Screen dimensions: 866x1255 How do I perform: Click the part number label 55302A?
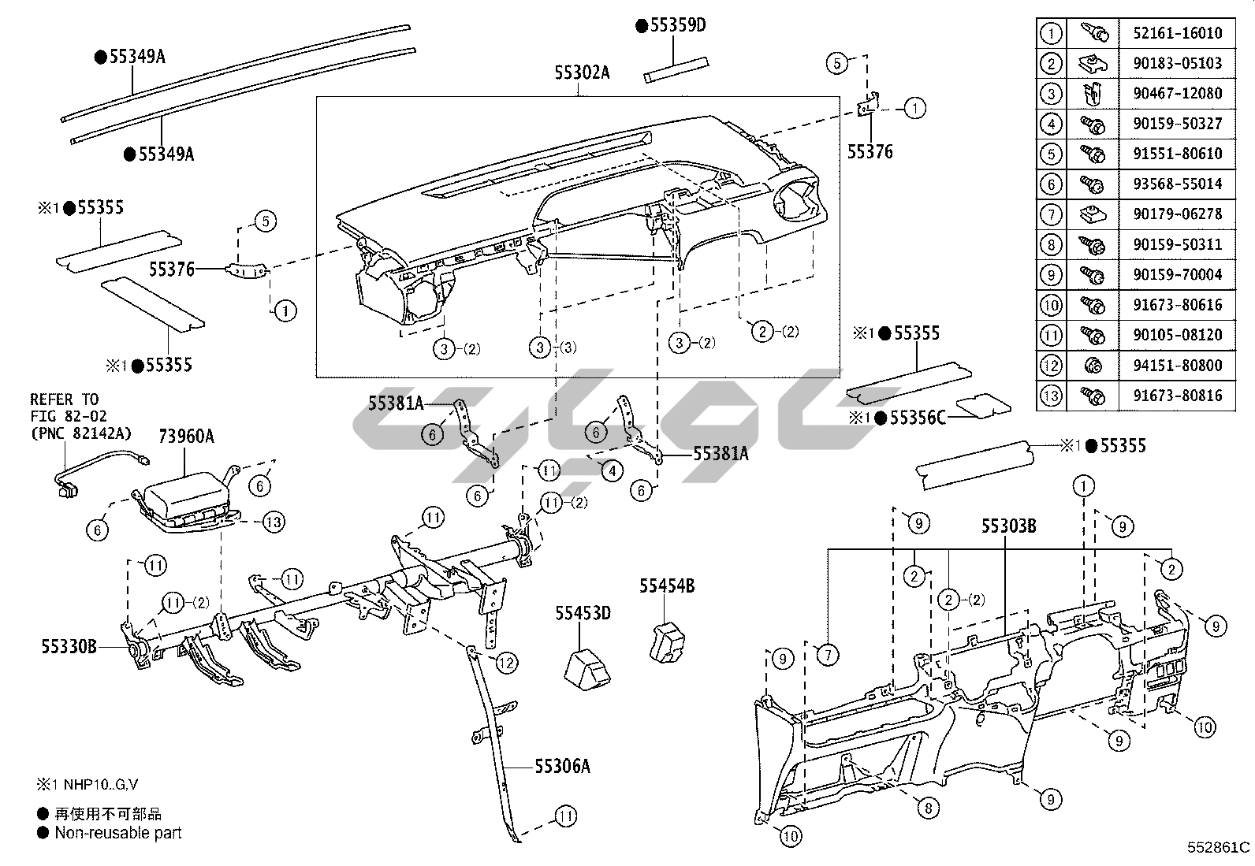pos(582,73)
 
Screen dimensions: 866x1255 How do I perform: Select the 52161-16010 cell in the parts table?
pos(1178,33)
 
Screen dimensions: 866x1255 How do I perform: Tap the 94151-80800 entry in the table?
pos(1178,366)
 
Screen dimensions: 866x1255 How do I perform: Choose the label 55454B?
pos(667,586)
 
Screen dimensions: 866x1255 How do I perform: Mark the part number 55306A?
pos(562,766)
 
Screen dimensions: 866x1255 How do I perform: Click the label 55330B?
pos(69,647)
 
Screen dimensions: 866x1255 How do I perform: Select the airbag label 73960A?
pos(186,437)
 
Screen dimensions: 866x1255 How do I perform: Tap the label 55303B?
pos(1008,526)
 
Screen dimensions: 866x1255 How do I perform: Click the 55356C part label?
pos(917,418)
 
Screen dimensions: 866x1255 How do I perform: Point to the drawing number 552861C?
pos(1218,847)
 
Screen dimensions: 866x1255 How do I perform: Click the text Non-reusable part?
pos(118,833)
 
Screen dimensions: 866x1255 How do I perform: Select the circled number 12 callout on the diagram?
pos(506,663)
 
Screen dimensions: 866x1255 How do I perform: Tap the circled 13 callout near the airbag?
pos(274,522)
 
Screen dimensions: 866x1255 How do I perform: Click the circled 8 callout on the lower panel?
pos(928,808)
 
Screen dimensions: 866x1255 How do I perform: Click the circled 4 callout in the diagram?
pos(612,472)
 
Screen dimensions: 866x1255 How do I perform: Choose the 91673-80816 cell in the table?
pos(1178,396)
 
